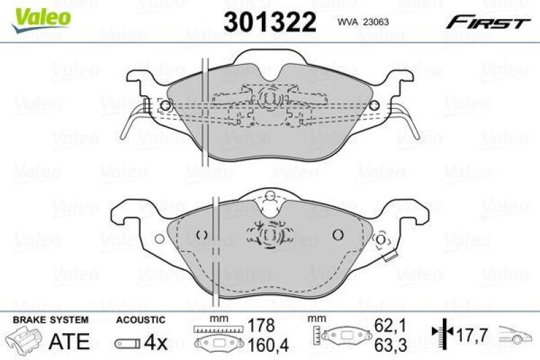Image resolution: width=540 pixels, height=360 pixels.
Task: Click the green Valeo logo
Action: point(42,16)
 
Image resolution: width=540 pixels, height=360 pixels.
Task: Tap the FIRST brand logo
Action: point(487,22)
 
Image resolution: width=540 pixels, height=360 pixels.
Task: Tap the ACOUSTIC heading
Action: point(141,319)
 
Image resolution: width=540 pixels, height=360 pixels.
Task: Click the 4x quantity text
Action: point(157,342)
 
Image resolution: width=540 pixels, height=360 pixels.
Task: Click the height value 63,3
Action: point(391,346)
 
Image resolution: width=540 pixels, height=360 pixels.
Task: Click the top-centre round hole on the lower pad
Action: point(270,197)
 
